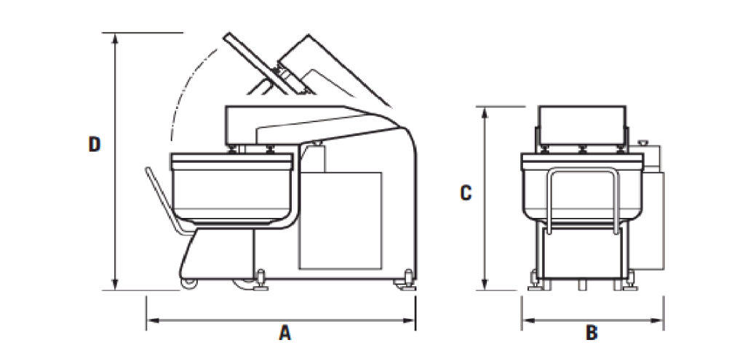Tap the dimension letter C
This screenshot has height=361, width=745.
pyautogui.click(x=466, y=193)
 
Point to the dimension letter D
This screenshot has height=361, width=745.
pyautogui.click(x=94, y=145)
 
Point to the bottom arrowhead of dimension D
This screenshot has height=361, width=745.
pyautogui.click(x=115, y=286)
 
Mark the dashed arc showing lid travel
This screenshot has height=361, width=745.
pyautogui.click(x=182, y=87)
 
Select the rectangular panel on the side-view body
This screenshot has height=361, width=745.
pyautogui.click(x=340, y=218)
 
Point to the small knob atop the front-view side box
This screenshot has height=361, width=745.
pyautogui.click(x=642, y=143)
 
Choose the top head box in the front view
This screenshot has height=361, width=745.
pyautogui.click(x=581, y=125)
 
